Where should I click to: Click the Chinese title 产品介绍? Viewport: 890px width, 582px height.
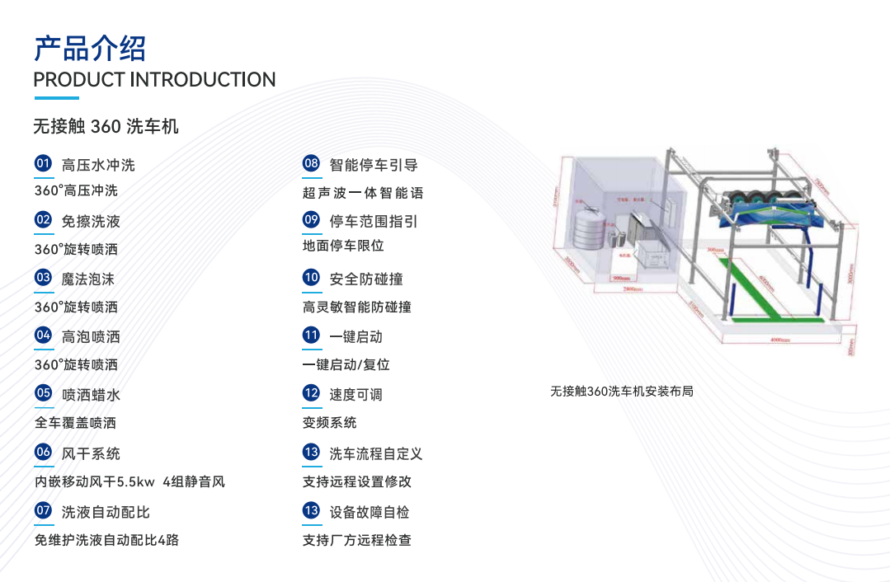click(x=89, y=49)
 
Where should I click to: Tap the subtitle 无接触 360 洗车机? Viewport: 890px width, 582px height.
click(x=106, y=127)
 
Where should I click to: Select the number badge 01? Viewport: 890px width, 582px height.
click(x=43, y=163)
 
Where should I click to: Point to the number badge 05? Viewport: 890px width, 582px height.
click(x=43, y=393)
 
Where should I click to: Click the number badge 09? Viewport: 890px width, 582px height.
click(x=311, y=219)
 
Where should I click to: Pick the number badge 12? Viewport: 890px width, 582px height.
click(x=311, y=393)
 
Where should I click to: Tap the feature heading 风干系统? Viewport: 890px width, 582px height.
click(x=91, y=453)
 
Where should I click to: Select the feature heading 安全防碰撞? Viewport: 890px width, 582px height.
click(x=366, y=279)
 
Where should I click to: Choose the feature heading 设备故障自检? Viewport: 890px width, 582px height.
click(x=370, y=512)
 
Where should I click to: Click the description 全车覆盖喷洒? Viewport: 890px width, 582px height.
click(x=75, y=423)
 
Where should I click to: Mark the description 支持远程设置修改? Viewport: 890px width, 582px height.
click(x=357, y=481)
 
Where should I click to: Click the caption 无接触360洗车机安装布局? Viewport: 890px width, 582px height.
click(x=622, y=391)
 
